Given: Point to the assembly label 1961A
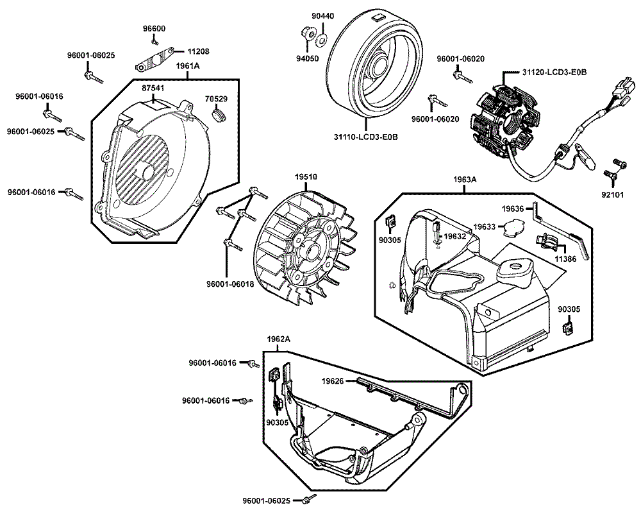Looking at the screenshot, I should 188,66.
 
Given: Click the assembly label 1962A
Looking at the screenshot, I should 278,338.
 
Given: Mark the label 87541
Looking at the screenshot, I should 153,87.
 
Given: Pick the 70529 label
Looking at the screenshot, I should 216,99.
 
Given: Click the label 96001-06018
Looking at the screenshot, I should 229,283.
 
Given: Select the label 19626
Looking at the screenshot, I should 333,381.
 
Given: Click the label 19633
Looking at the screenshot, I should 485,226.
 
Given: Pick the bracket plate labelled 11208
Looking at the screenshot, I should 153,61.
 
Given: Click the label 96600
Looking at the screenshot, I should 154,28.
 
